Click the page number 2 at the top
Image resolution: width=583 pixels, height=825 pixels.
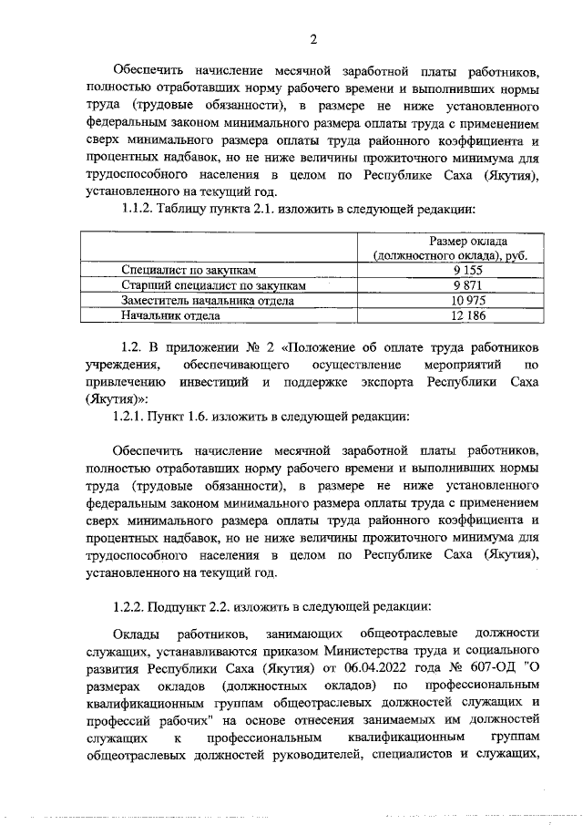[312, 38]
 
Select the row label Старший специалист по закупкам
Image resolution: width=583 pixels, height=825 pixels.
[213, 285]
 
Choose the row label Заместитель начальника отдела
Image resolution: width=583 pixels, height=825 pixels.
[208, 301]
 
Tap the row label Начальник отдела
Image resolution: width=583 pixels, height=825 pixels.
[170, 315]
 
